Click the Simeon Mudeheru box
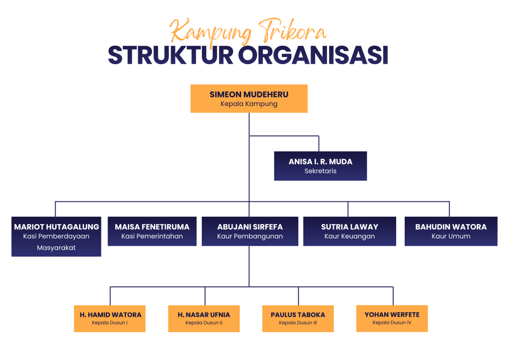[249, 98]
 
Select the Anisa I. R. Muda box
[321, 166]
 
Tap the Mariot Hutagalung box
[56, 237]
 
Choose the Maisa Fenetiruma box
[152, 231]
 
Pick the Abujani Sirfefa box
[250, 231]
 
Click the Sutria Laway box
[349, 231]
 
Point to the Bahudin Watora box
[451, 231]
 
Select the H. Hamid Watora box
[110, 319]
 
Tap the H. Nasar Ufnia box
[204, 319]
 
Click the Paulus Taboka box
[298, 319]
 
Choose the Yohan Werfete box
[392, 318]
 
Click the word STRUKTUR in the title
[171, 55]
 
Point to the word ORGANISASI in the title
[314, 55]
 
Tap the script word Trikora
[292, 31]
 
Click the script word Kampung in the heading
[210, 32]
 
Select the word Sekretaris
[321, 171]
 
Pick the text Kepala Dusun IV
[392, 323]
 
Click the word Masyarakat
[56, 248]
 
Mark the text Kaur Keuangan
[349, 236]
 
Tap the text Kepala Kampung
[249, 104]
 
